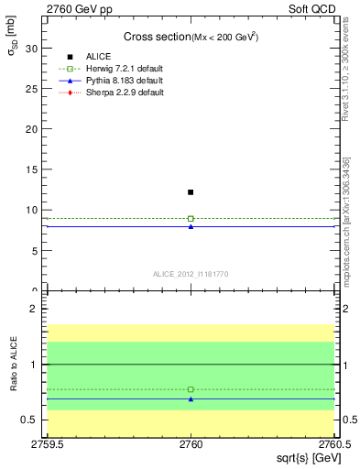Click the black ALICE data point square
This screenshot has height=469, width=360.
(191, 192)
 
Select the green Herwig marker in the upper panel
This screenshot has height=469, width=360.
(191, 218)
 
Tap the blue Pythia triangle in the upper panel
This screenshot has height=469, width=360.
(191, 225)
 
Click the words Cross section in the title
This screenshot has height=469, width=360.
(156, 37)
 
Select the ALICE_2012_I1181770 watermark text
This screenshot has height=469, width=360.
(191, 273)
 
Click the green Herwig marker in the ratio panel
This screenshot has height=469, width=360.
(191, 389)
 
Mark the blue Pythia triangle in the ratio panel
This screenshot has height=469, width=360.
(191, 398)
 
